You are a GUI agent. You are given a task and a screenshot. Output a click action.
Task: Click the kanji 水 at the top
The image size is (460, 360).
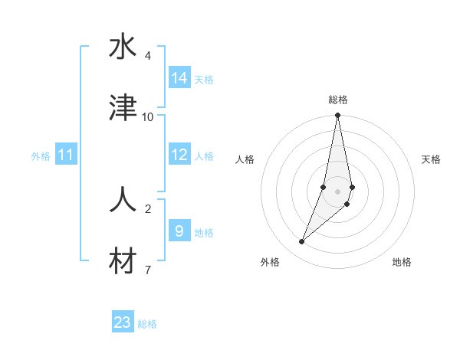[123, 47]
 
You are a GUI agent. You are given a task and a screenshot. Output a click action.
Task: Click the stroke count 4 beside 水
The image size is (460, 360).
[148, 56]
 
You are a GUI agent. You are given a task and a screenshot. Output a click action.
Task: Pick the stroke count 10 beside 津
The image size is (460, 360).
[148, 116]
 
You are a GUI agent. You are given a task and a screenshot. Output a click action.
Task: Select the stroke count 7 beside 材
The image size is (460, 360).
[148, 270]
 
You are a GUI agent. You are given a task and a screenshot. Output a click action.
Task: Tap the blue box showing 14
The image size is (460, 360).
[179, 78]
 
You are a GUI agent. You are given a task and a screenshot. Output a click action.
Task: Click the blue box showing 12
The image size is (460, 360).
[179, 155]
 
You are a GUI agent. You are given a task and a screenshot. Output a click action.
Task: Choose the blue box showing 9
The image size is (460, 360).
[179, 231]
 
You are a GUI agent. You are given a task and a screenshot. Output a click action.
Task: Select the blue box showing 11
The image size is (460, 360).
[66, 155]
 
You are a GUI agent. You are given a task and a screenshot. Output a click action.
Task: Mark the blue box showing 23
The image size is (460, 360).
[123, 322]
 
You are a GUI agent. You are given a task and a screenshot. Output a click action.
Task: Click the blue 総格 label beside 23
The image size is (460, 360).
[147, 324]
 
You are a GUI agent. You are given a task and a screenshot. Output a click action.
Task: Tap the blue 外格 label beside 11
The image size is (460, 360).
[41, 156]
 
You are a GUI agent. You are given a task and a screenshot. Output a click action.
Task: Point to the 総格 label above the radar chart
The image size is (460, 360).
[338, 100]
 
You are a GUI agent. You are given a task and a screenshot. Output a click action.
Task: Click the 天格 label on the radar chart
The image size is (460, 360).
[432, 159]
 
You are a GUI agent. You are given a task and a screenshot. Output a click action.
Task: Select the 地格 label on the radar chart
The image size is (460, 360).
[402, 262]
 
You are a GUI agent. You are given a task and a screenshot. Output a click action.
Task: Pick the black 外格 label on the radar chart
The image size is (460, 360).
[270, 262]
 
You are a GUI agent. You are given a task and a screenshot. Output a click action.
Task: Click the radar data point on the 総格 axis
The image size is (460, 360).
[337, 116]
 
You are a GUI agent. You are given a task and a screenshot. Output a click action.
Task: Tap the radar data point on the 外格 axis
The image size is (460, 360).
[302, 242]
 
